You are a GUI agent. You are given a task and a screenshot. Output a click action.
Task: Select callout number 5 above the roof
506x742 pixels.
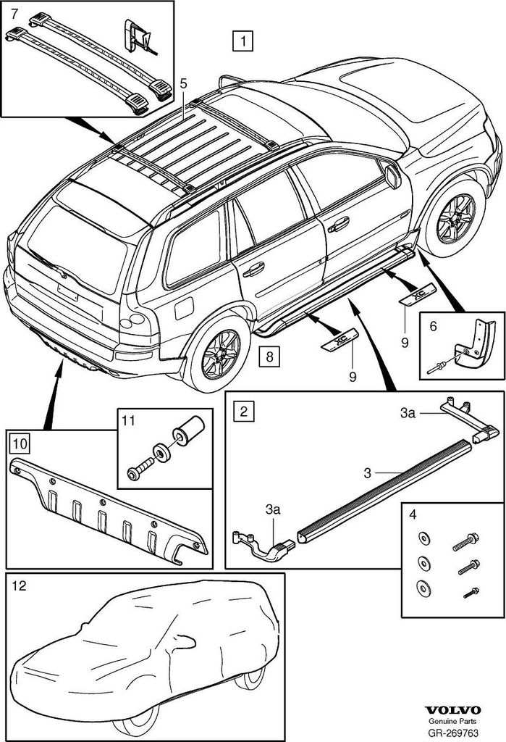click(184, 84)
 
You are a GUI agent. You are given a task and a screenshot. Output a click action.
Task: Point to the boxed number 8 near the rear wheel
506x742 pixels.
click(269, 356)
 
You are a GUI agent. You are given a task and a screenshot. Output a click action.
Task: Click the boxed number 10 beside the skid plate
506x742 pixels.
click(18, 440)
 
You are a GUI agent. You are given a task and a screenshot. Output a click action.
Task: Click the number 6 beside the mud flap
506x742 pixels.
click(433, 328)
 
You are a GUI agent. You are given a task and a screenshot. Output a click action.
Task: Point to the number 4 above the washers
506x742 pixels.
click(413, 515)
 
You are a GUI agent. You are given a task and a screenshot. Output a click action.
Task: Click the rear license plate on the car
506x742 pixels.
click(68, 292)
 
